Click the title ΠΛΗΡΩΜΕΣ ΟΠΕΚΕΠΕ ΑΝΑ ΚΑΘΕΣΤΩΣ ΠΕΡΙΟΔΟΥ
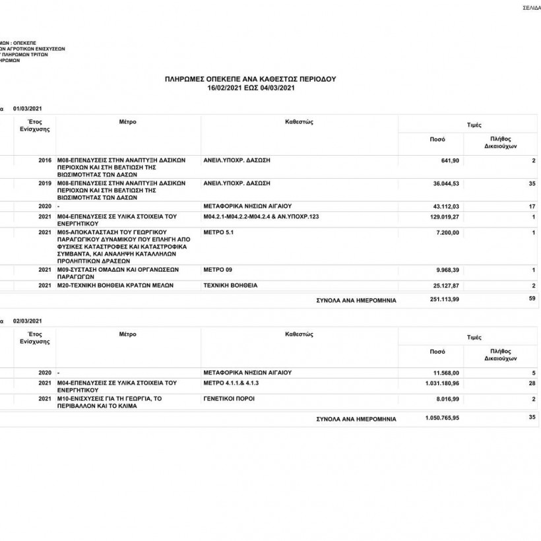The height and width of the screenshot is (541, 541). [x=250, y=79]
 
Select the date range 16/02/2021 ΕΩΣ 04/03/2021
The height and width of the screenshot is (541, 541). [x=250, y=87]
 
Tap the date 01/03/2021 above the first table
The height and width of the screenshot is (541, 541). [x=27, y=108]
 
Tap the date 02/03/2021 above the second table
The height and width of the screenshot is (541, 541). [x=27, y=320]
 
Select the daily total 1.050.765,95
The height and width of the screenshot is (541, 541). [x=440, y=418]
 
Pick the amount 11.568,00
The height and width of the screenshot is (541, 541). [x=444, y=373]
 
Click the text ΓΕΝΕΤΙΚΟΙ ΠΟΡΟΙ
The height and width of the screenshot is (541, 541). [x=229, y=398]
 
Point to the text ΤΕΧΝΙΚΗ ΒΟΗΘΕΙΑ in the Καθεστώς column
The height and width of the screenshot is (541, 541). [x=231, y=286]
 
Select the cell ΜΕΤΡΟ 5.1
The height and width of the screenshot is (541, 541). [x=219, y=233]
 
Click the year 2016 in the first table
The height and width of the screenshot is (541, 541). [x=45, y=160]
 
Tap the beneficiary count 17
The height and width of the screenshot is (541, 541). [x=531, y=207]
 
